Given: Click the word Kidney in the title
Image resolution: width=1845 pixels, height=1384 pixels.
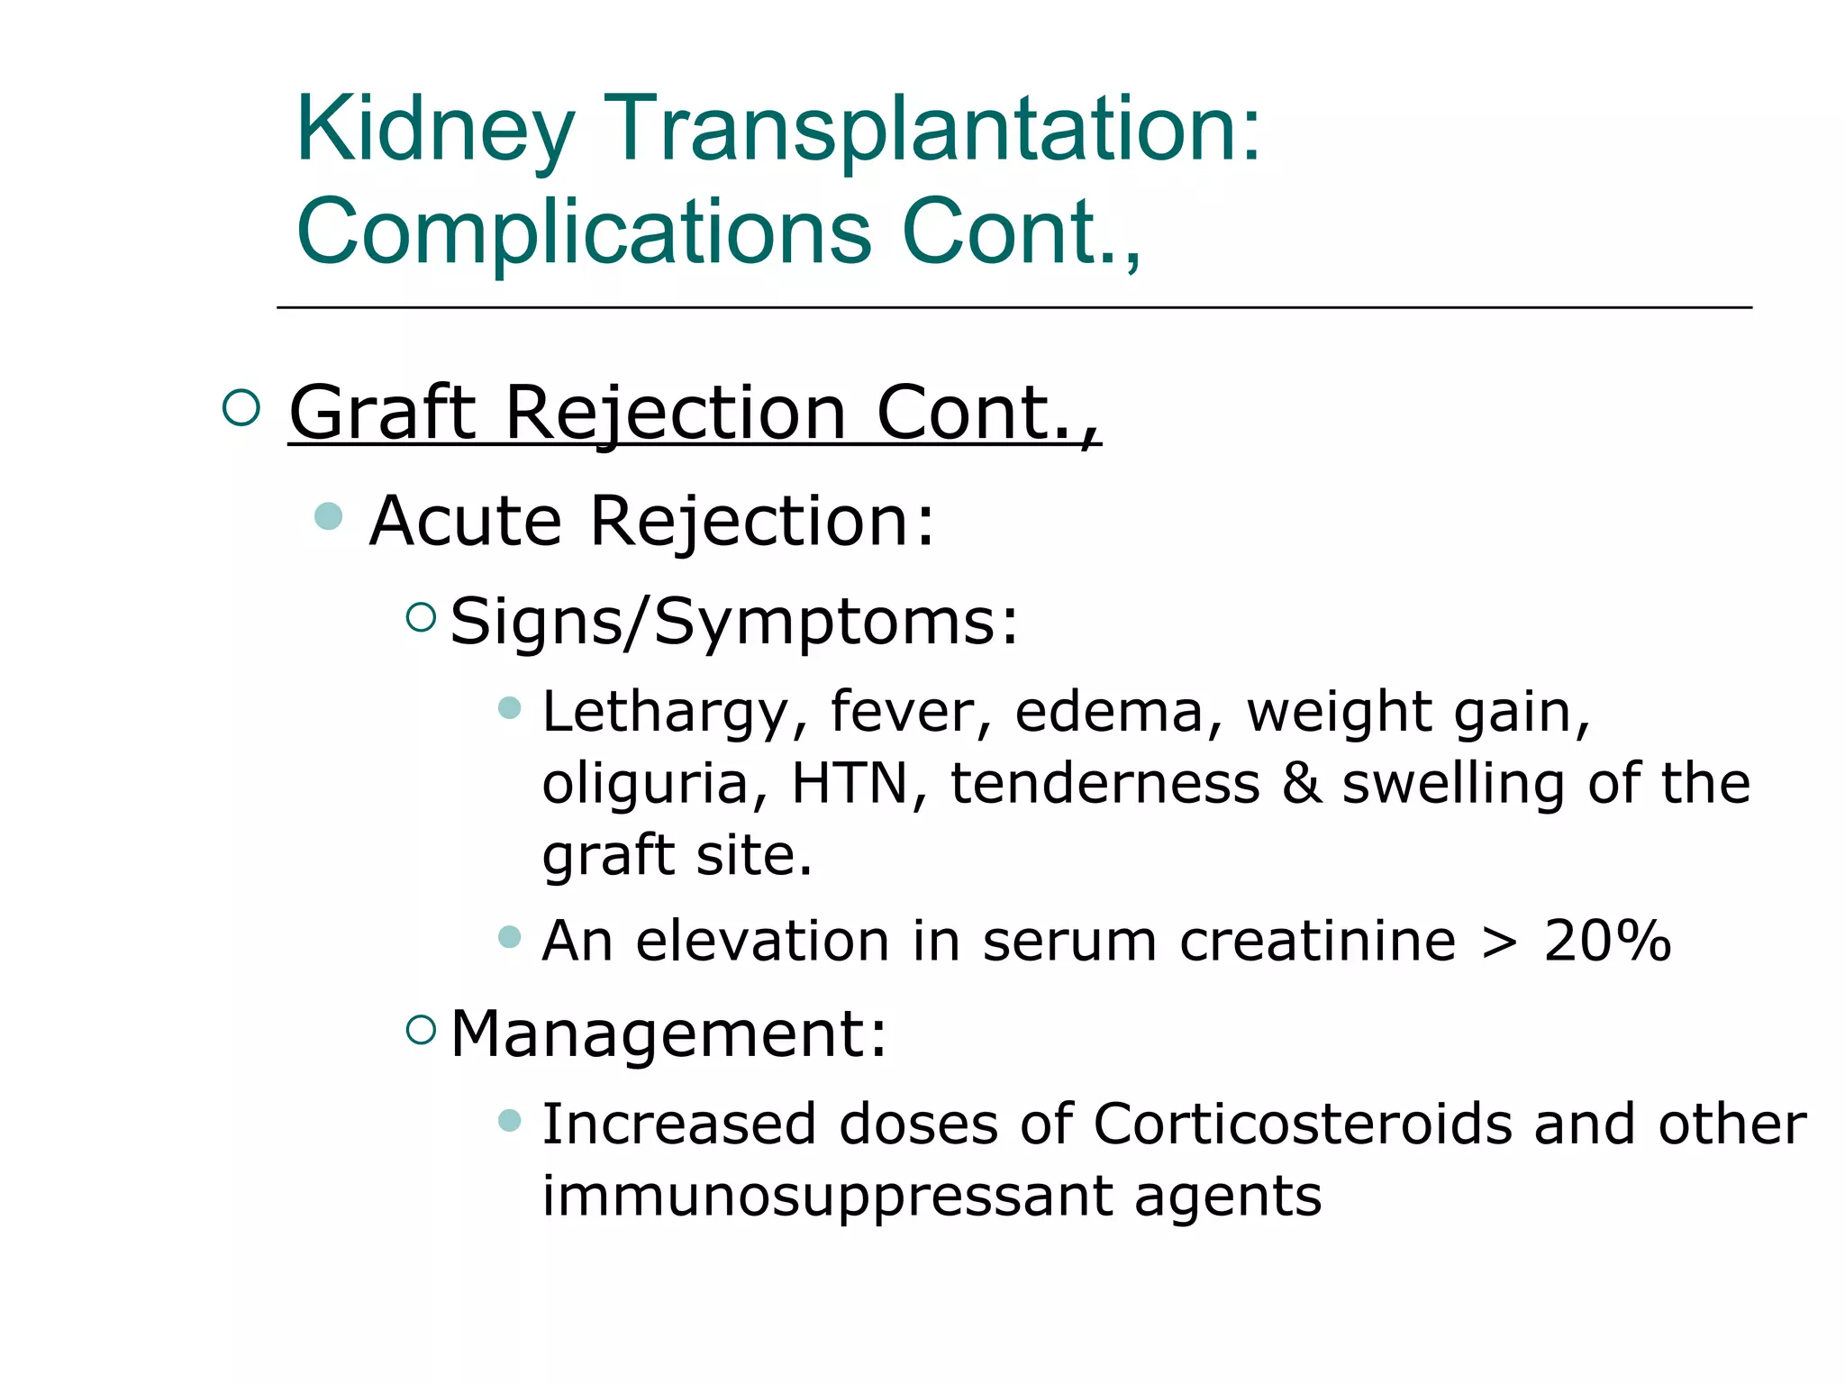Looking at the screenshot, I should pos(435,131).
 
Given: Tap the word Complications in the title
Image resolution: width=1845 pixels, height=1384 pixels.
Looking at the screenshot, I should pos(584,232).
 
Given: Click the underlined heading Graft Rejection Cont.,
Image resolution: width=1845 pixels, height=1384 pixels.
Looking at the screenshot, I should pos(694,414).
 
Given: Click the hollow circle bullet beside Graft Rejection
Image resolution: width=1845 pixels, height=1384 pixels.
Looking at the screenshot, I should pos(241,408).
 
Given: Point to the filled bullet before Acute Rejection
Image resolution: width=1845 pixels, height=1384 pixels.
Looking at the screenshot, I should pos(329,516).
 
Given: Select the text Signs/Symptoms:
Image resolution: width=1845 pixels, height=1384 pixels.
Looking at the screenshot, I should pos(734,622).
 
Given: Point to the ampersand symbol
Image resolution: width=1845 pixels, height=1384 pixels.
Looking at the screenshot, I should pos(1301,783).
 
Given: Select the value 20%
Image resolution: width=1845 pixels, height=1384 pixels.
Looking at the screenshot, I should pos(1607,942).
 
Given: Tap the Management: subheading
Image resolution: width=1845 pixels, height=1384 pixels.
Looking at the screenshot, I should pos(668,1033).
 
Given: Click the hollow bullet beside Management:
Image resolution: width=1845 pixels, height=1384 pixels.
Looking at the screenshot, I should pos(421,1029).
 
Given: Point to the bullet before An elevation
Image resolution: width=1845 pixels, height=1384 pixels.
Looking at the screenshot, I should pos(510,937).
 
